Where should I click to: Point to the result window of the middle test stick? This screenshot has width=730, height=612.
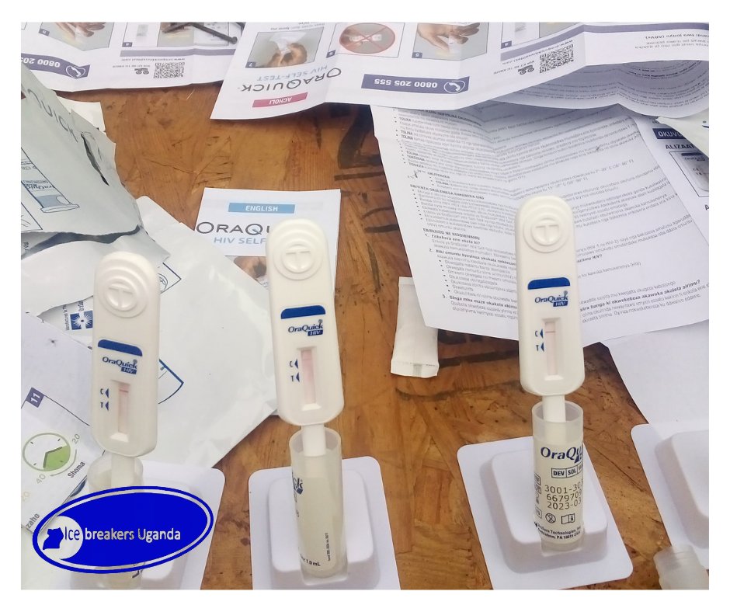[308, 377]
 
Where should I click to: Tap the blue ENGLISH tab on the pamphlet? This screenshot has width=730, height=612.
[261, 208]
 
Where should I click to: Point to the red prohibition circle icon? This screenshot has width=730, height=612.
[363, 38]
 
